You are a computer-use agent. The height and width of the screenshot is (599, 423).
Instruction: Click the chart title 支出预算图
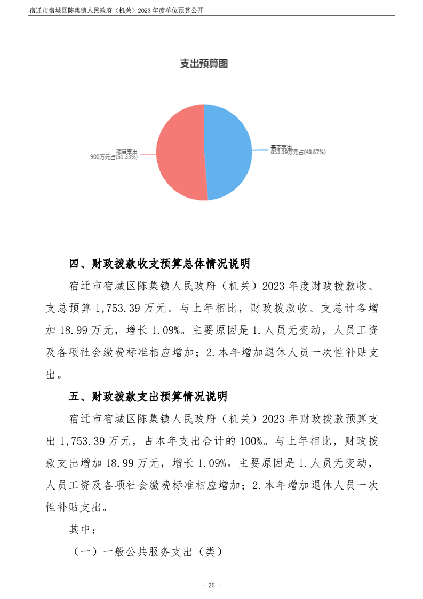pyautogui.click(x=204, y=64)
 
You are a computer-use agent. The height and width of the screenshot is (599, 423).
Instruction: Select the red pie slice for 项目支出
pyautogui.click(x=179, y=152)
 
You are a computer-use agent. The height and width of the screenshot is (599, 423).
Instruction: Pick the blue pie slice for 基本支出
pyautogui.click(x=229, y=152)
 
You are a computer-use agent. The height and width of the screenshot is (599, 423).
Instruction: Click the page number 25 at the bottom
pyautogui.click(x=211, y=585)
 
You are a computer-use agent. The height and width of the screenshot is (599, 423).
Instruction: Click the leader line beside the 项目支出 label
pyautogui.click(x=146, y=155)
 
